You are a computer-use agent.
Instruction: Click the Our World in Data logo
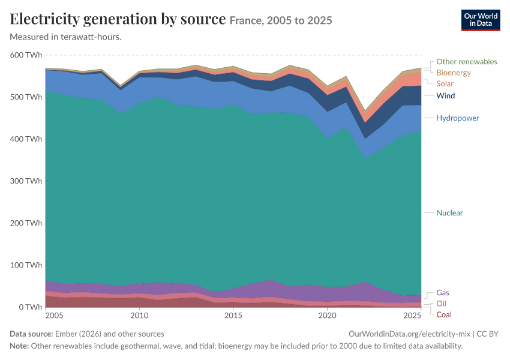481,20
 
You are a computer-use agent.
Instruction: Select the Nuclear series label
449,212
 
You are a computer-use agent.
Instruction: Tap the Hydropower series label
458,118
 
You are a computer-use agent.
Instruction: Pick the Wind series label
445,95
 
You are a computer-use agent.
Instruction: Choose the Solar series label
445,83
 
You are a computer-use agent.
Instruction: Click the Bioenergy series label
454,73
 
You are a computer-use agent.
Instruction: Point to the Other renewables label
466,61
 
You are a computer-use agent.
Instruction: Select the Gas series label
442,293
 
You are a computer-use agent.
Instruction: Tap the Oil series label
441,304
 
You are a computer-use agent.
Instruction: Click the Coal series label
443,314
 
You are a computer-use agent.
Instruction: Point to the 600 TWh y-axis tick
26,55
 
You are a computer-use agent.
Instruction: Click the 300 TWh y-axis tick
26,181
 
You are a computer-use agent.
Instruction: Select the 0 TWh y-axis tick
31,307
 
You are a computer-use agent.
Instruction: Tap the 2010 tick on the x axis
139,316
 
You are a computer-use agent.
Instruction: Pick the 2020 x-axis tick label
327,316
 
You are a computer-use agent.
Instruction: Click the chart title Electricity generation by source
118,19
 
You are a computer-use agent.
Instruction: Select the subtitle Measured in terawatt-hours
66,37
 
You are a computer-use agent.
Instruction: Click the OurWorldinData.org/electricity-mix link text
409,334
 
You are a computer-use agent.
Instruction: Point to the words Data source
31,334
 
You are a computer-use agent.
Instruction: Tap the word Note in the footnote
19,346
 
